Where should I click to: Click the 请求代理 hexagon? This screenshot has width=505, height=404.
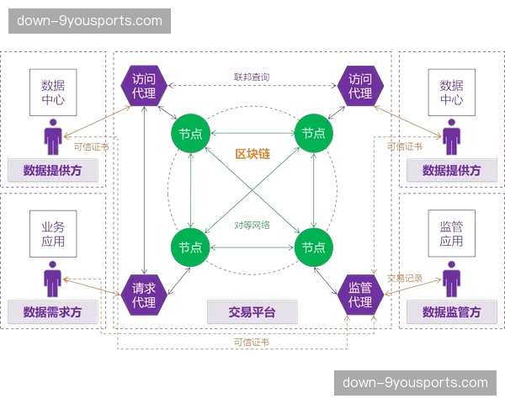click(144, 295)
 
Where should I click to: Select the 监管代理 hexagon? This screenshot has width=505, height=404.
click(361, 295)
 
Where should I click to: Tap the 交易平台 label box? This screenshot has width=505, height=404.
click(252, 311)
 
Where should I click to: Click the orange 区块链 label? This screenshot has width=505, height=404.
click(252, 155)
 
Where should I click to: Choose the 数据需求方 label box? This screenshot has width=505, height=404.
click(53, 311)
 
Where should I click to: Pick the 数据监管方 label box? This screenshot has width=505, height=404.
click(452, 311)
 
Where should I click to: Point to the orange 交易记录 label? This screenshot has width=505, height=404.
click(405, 278)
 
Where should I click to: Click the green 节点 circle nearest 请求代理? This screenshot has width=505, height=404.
click(191, 247)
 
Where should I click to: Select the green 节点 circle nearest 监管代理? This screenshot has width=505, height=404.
click(314, 247)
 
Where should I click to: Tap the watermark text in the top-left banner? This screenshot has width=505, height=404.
click(90, 20)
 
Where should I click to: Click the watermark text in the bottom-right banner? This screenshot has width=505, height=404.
click(415, 382)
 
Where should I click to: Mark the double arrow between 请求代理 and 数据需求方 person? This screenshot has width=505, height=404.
click(94, 286)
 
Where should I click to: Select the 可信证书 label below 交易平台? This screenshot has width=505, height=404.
click(252, 342)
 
